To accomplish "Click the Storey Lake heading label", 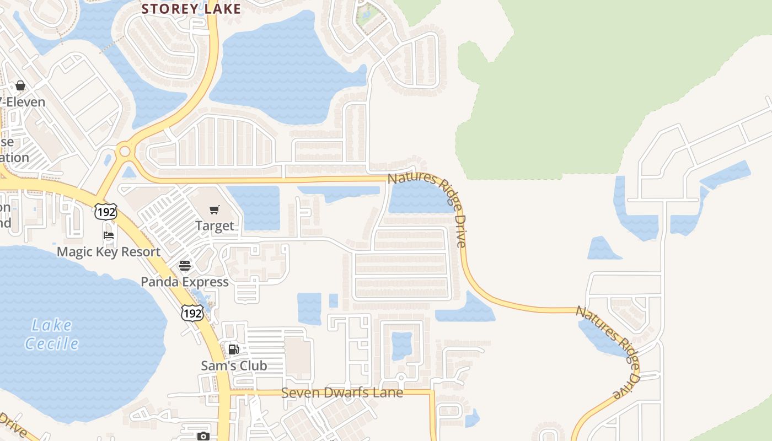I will click(191, 9).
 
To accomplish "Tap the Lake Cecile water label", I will click(52, 334).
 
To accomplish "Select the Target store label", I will click(215, 225).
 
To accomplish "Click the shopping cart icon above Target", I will click(215, 209).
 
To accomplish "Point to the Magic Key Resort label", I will click(109, 252).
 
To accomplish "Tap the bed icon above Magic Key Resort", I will click(109, 235).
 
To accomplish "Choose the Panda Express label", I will click(184, 282).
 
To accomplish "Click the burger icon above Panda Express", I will click(184, 266).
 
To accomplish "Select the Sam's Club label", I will click(234, 365).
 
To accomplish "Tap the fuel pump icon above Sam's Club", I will click(233, 349).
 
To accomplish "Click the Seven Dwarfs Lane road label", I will click(342, 393).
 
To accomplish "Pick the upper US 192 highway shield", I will click(105, 211).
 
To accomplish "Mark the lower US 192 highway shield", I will click(192, 313).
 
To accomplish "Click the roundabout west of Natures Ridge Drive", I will click(125, 151).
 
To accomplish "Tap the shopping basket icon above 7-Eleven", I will click(20, 85).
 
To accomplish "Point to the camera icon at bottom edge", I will click(203, 436).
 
